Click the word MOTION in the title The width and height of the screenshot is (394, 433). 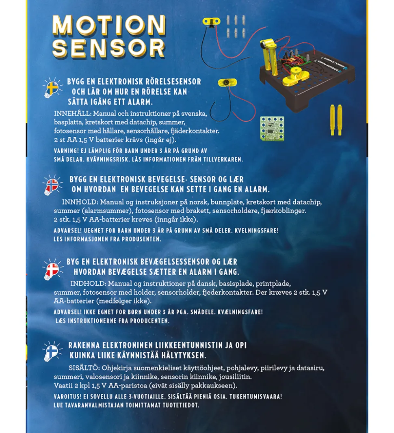(x=109, y=26)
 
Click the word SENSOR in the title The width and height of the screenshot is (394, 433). (x=109, y=48)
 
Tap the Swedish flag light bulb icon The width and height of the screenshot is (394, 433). (x=52, y=88)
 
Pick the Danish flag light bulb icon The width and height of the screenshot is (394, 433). (x=52, y=269)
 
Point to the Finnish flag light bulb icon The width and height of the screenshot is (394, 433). (x=52, y=351)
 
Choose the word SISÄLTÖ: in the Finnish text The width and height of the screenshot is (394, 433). (x=84, y=368)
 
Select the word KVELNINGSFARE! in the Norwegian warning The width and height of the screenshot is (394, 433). (x=252, y=231)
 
